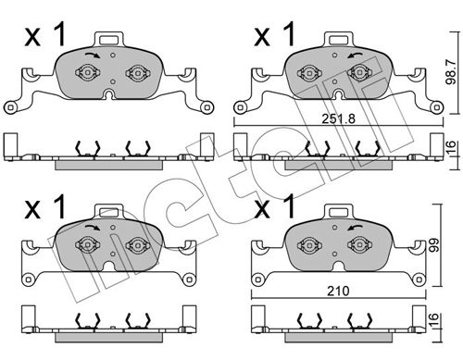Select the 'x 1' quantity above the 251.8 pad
275,37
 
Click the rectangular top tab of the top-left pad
109,39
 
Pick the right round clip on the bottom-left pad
138,244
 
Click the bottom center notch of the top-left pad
109,94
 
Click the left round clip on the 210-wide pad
305,244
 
